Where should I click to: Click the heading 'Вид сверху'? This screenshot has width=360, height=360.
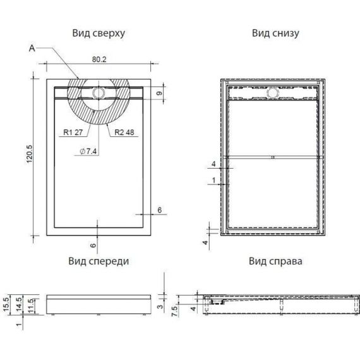99,33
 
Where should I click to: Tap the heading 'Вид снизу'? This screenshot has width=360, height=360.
275,33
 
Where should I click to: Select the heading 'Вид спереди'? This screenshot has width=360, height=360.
99,261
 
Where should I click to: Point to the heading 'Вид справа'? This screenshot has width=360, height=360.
275,261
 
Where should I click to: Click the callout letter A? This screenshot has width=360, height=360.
32,48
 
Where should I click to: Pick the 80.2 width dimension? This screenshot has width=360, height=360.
99,59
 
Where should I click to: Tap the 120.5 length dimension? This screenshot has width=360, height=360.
30,154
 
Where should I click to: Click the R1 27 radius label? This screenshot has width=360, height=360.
73,132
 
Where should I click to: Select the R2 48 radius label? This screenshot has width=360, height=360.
124,132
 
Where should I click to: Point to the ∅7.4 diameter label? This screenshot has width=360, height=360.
88,152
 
